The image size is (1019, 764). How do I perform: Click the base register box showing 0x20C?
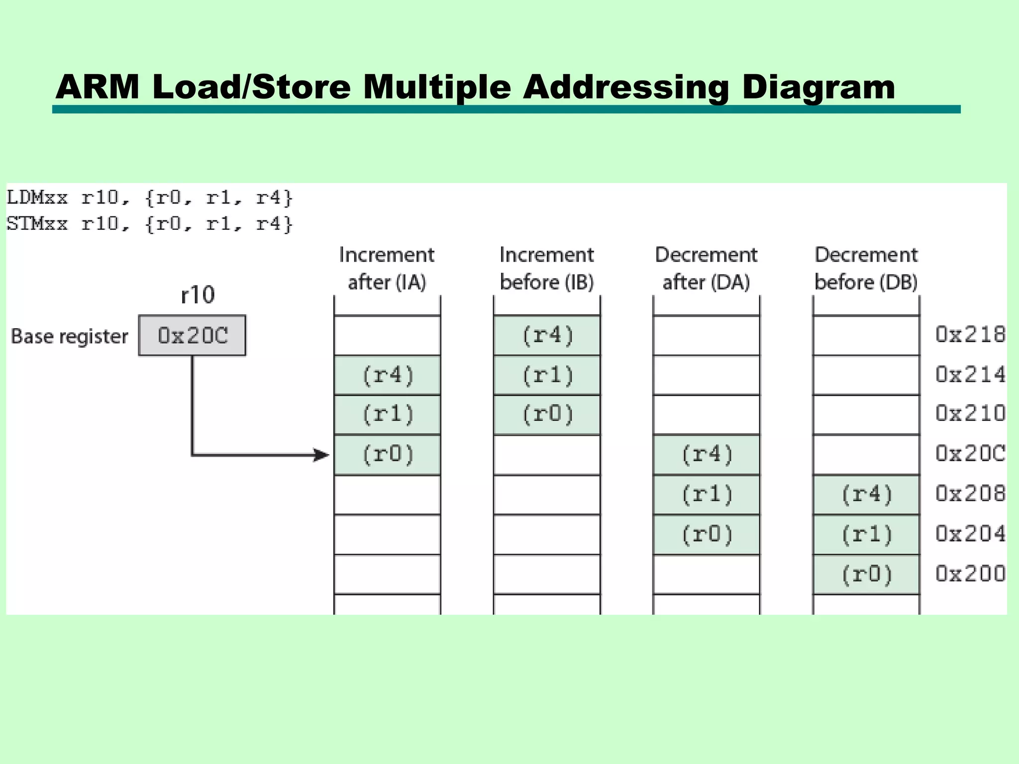(x=192, y=335)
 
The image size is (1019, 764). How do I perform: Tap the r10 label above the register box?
(x=198, y=295)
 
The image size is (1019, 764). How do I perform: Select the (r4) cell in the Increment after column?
(x=388, y=375)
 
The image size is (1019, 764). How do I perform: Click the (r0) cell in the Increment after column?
(x=388, y=455)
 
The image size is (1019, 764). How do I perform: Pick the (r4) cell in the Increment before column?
(x=547, y=335)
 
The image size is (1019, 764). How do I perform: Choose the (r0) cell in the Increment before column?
(x=547, y=414)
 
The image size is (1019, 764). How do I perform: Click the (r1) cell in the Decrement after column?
(x=707, y=494)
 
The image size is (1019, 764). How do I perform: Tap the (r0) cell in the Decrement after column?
(x=707, y=534)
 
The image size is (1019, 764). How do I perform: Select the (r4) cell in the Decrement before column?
(x=866, y=494)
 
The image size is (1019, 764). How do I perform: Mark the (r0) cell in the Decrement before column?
(x=866, y=574)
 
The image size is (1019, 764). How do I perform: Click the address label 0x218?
(x=970, y=335)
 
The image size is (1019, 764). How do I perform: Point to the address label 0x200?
(x=970, y=573)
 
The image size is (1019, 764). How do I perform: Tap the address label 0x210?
(x=970, y=414)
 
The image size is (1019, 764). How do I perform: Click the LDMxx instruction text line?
(x=149, y=198)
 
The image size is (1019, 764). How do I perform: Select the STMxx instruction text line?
(x=149, y=224)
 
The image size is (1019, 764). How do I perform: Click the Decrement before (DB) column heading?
(x=866, y=269)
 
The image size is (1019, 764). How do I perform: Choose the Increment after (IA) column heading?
(x=387, y=269)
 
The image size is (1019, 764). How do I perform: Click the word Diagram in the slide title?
(x=818, y=87)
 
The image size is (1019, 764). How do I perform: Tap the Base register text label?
(x=70, y=336)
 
